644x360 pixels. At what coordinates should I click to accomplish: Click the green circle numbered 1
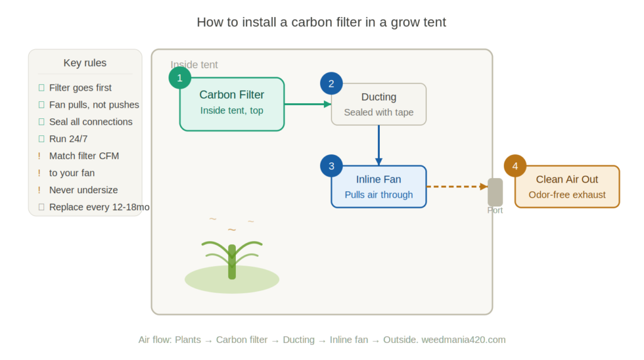click(179, 77)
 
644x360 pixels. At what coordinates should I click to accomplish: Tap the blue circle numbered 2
click(331, 84)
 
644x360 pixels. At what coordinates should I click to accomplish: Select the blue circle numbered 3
click(331, 166)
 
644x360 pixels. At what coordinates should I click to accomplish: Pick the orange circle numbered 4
click(514, 166)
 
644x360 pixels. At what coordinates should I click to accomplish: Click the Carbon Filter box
click(231, 104)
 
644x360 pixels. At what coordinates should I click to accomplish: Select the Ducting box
click(379, 104)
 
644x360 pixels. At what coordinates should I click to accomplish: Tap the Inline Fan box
click(379, 186)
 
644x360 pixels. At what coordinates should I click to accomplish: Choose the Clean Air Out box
click(567, 186)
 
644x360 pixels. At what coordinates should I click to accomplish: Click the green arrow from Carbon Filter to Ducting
click(308, 104)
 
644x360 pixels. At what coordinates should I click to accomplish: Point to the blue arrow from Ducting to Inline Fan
click(379, 145)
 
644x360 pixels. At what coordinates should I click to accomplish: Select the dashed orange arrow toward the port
click(457, 186)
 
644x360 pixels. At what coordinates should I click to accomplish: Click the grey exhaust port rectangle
click(495, 192)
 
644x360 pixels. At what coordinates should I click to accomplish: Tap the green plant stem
click(232, 262)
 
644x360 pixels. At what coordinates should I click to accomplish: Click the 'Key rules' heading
click(85, 63)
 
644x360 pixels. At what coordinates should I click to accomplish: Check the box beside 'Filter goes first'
click(41, 87)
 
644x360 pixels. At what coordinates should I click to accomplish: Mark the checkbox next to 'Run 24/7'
click(41, 139)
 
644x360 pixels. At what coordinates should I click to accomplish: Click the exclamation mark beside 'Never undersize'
click(40, 190)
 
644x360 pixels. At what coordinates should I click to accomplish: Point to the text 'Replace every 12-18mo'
click(99, 207)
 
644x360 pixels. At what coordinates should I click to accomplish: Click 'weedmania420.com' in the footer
click(464, 340)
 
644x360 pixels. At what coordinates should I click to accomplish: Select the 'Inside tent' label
click(194, 65)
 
